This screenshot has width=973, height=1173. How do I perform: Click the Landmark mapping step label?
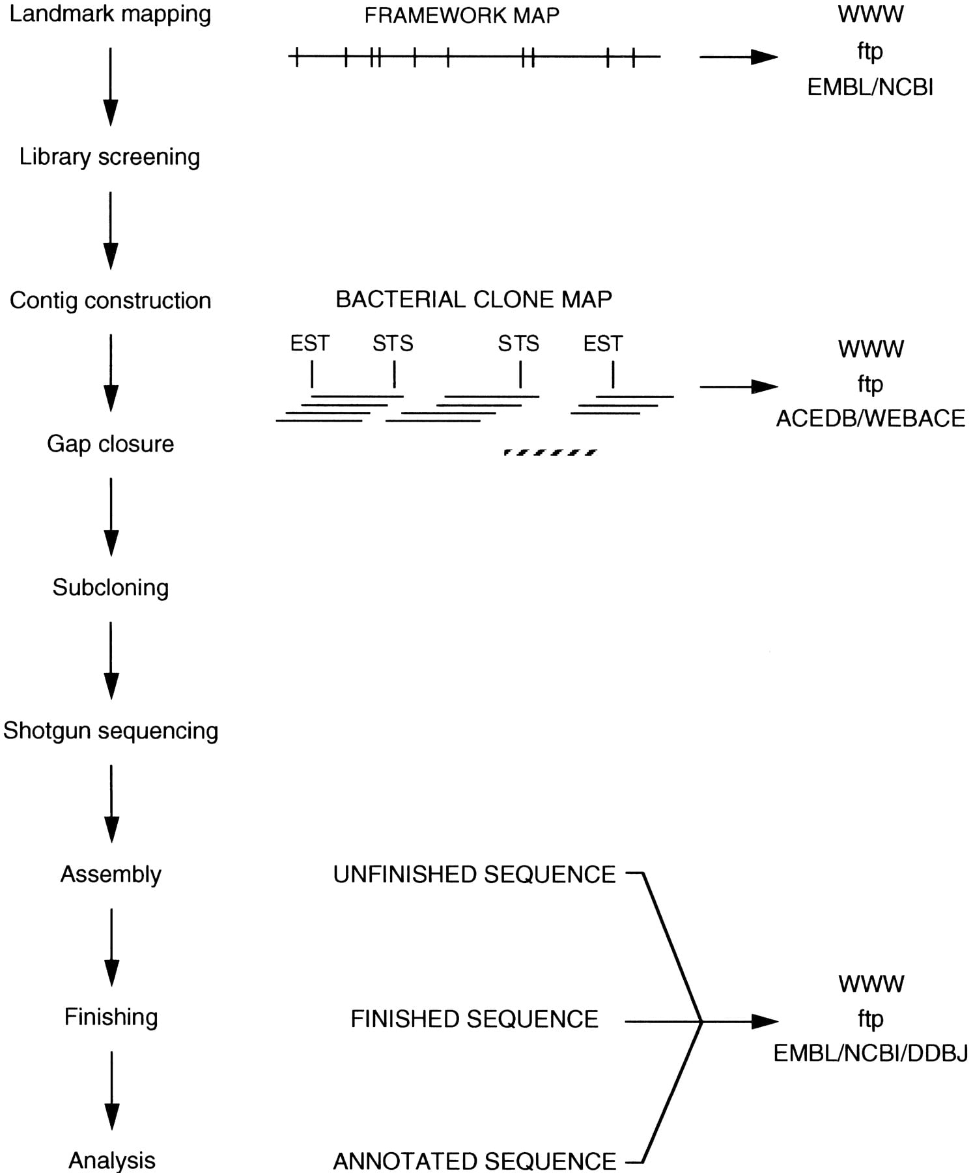[110, 14]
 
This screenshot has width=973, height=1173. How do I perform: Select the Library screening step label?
[109, 157]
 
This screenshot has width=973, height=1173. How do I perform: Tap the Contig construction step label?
[110, 300]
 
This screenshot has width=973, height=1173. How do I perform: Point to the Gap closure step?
[110, 444]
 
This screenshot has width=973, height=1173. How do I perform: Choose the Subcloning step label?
[110, 587]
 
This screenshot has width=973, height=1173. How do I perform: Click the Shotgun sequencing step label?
[110, 731]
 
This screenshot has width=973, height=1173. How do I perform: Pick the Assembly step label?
[111, 874]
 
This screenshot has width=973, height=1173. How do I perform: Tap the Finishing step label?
[111, 1017]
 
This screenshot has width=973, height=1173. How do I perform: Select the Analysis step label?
[112, 1161]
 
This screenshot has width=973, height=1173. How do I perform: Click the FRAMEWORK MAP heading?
[462, 16]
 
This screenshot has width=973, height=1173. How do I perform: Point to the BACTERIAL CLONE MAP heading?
[473, 300]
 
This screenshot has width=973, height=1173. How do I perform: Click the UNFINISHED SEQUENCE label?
[474, 875]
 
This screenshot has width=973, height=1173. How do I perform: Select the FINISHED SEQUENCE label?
[474, 1019]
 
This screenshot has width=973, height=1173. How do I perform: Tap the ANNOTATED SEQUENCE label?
[474, 1161]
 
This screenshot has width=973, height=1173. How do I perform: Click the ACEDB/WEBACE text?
[871, 418]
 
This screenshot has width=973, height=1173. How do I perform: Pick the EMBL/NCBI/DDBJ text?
[871, 1054]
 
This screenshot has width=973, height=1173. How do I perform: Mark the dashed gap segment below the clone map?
[550, 452]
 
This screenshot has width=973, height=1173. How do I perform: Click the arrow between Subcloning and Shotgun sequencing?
[111, 661]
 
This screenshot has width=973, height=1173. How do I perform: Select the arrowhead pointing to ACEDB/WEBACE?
[765, 386]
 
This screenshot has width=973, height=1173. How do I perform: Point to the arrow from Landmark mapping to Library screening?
[111, 87]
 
